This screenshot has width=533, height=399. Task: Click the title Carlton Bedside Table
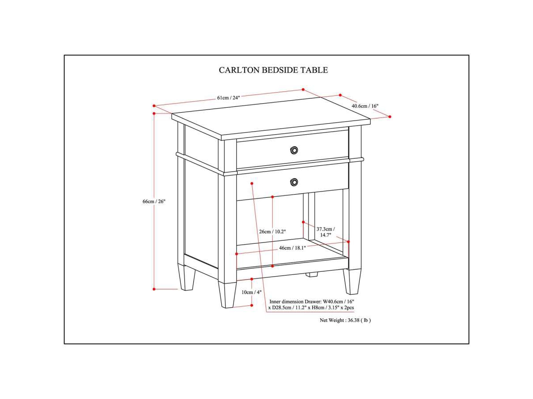point(273,70)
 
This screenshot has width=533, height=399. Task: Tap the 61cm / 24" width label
point(228,98)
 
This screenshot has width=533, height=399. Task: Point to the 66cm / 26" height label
point(154,201)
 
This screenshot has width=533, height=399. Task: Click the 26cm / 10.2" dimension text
point(272,231)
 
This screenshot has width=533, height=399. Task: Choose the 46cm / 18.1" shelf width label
point(292,248)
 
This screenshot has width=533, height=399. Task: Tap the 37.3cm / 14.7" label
point(326,232)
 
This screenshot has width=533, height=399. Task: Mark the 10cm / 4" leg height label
point(251,292)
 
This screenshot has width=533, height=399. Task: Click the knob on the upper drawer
point(294,150)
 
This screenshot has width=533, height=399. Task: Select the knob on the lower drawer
point(294,181)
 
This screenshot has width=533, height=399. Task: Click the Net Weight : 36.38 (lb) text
point(345,320)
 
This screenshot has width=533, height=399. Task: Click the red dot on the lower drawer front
point(252,183)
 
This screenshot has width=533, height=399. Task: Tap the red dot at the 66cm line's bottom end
point(154,289)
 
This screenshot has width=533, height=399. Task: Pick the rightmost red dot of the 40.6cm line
point(390,117)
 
